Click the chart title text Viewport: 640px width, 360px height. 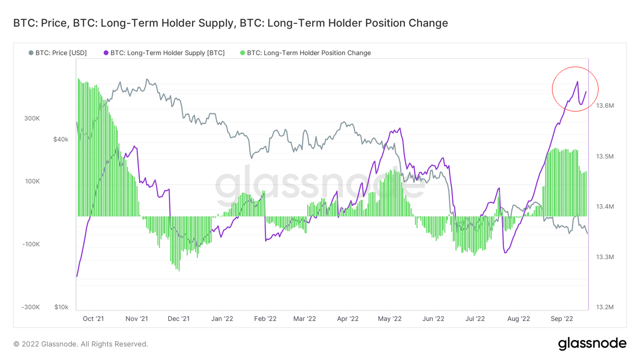[x=230, y=23]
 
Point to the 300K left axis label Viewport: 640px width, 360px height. [x=32, y=118]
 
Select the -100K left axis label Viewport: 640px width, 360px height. [x=31, y=244]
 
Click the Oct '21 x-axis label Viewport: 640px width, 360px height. [x=93, y=318]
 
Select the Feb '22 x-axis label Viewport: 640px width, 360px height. [x=265, y=318]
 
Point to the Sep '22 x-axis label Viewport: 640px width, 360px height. [x=561, y=318]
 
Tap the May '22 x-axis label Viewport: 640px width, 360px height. [x=390, y=318]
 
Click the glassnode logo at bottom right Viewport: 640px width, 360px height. [x=592, y=343]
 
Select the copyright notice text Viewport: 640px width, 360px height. [x=80, y=344]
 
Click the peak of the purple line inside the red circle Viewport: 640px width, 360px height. [x=577, y=81]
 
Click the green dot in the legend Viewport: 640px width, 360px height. [x=243, y=52]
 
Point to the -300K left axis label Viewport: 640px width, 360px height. [x=31, y=306]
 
